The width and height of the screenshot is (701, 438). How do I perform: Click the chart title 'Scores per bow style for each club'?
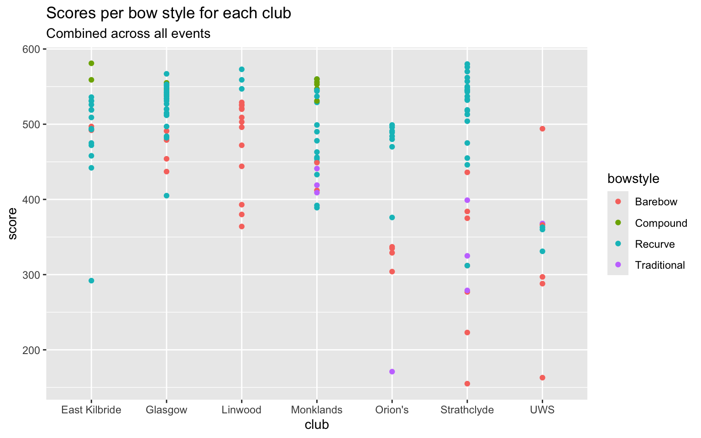(x=168, y=14)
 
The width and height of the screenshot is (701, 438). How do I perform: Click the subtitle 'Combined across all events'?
(x=128, y=34)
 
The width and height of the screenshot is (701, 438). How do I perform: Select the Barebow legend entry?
(x=656, y=202)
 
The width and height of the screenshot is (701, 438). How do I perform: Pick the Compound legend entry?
(x=661, y=223)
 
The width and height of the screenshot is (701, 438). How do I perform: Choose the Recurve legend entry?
(x=654, y=244)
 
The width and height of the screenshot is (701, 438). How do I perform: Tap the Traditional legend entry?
(x=659, y=265)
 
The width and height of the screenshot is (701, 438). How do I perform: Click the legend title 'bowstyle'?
(x=633, y=179)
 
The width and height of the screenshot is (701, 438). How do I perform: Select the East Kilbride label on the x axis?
(x=91, y=410)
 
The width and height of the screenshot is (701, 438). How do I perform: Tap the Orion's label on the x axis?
(x=392, y=410)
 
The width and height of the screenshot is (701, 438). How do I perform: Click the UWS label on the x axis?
(x=542, y=410)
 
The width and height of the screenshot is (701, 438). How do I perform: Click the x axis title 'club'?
(x=317, y=425)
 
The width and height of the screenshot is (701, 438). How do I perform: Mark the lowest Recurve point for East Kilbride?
(x=91, y=281)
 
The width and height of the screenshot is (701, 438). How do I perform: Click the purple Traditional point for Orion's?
(x=392, y=372)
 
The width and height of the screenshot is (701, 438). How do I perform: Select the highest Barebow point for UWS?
(x=542, y=129)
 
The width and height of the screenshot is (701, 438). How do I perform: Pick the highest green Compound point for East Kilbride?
(x=91, y=63)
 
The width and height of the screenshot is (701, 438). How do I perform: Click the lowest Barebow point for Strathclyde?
(x=467, y=384)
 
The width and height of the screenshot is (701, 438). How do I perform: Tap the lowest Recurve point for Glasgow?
(x=167, y=196)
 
